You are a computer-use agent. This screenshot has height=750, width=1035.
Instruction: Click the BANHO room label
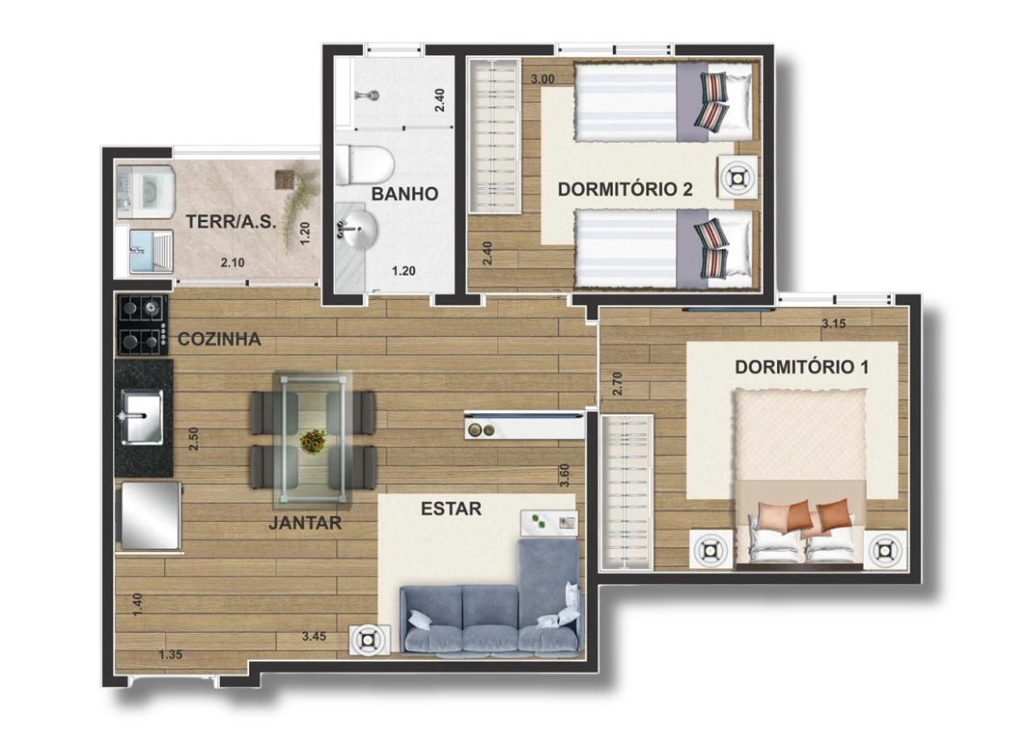coord(405,194)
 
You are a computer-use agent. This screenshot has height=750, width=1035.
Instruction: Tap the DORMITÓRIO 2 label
coord(625,189)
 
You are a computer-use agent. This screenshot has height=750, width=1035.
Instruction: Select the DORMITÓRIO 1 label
coord(801,367)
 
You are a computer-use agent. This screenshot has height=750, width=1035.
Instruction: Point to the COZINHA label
coord(219,339)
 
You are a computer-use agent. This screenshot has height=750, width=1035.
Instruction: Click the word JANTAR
coord(305,523)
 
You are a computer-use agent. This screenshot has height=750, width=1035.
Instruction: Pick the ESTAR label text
coord(451,508)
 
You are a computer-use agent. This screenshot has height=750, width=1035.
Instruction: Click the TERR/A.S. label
coord(231,221)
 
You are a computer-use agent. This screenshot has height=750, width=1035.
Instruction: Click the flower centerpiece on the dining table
coord(314,441)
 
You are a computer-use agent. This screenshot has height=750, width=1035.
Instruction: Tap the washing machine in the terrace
coord(146,192)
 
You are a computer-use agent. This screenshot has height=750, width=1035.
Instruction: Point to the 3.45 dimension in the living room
coord(315,636)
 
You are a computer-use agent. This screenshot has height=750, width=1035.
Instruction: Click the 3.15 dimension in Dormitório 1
coord(834,324)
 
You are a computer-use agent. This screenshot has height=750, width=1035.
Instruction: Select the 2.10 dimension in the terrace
coord(232,263)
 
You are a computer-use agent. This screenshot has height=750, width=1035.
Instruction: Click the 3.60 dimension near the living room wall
coord(564,475)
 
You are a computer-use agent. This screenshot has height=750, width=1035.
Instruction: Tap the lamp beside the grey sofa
coord(367,639)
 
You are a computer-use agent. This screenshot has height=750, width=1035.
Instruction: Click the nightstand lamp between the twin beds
coord(737,177)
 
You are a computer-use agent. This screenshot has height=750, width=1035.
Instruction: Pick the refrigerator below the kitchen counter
coord(150,516)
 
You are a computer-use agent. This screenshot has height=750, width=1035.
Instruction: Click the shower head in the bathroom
coord(367,95)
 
